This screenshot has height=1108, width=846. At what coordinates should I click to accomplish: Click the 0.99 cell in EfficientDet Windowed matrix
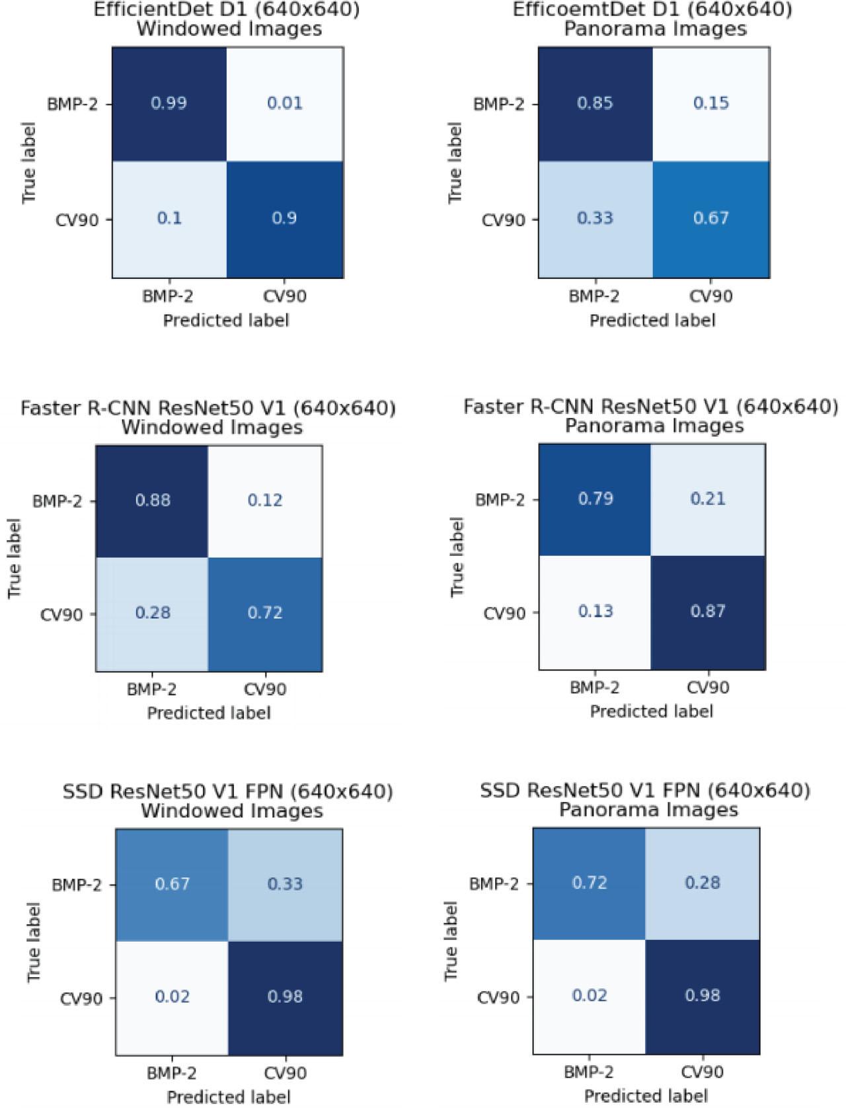169,103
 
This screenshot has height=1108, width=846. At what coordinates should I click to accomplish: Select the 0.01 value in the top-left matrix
285,103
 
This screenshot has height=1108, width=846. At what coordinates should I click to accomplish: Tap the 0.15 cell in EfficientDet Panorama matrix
711,103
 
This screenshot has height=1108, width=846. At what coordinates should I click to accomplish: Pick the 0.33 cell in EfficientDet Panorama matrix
595,218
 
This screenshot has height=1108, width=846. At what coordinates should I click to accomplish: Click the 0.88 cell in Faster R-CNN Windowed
153,500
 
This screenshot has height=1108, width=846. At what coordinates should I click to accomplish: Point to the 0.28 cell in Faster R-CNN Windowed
153,613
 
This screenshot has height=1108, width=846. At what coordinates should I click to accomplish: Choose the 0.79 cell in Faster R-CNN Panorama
595,498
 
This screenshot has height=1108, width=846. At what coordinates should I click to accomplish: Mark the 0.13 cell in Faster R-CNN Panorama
595,612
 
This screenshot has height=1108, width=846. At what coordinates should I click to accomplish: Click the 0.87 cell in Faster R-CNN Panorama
708,612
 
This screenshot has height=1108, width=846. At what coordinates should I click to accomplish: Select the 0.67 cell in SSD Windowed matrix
173,884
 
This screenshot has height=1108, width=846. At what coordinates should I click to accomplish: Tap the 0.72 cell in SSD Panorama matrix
589,883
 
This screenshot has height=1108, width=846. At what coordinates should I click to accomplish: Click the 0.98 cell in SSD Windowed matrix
285,996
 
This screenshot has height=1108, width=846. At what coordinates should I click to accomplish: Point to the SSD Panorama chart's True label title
451,941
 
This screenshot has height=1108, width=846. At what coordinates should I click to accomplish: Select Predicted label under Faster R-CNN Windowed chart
208,713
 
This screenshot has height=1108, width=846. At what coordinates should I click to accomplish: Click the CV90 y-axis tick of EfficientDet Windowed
76,219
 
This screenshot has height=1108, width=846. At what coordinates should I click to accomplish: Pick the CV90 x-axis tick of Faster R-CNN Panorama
708,688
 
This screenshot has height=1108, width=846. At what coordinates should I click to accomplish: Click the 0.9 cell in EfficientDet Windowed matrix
285,218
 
